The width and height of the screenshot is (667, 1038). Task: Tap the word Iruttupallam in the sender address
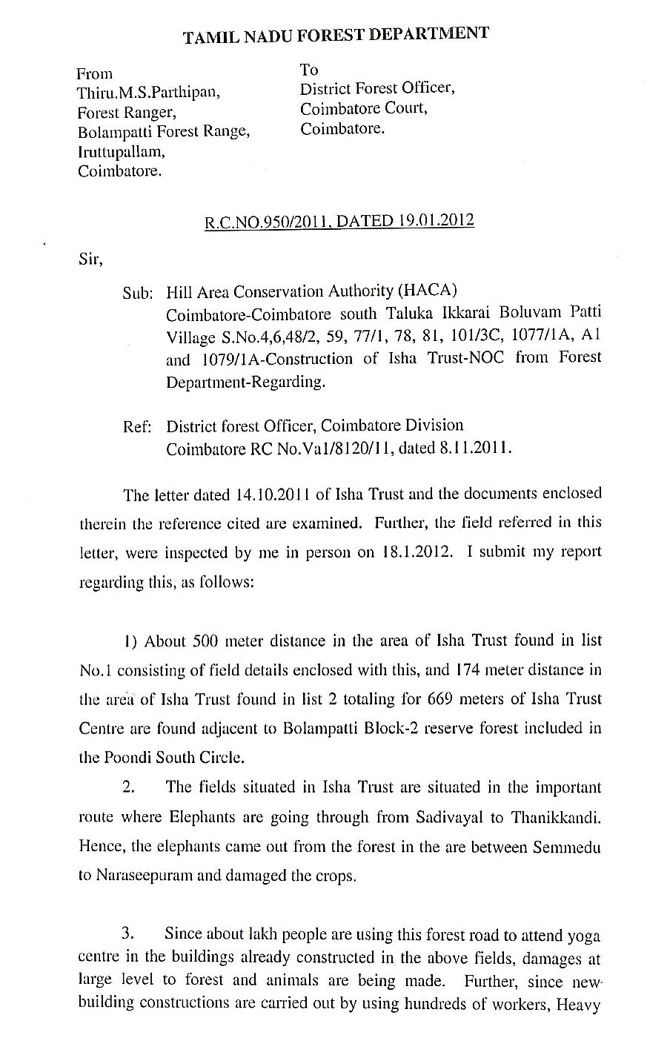coord(122,152)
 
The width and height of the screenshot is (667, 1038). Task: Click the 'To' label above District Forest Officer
coord(309,70)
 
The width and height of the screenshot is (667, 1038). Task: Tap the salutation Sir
coord(89,259)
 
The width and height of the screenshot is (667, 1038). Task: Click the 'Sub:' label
coord(137,293)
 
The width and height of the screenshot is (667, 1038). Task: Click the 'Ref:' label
coord(138,427)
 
